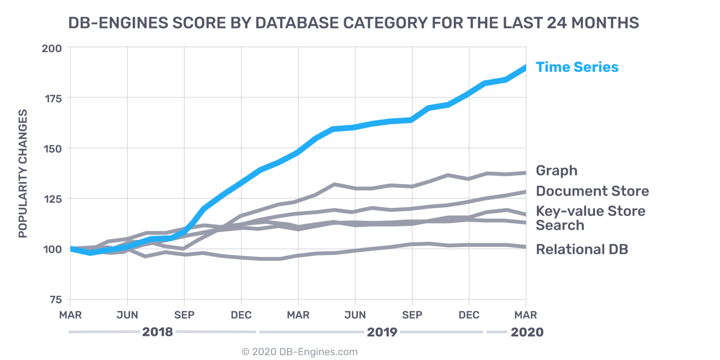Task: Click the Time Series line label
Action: pos(577,67)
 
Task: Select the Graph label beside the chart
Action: pos(557,171)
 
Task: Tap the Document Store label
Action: pos(592,191)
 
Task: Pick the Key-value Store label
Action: pos(591,211)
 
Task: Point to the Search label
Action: pos(560,225)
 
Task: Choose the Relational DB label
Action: pos(582,249)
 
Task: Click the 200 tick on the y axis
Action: pos(52,49)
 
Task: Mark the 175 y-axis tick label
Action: pos(53,99)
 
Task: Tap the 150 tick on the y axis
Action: pos(52,149)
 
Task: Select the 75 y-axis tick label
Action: pos(56,300)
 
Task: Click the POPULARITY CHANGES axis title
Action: pos(23,174)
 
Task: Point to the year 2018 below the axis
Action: pos(157,332)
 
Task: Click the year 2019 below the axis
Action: pos(382,332)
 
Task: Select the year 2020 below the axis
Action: pos(527,332)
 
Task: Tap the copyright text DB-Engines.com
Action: pos(299,352)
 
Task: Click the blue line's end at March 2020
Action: pos(525,67)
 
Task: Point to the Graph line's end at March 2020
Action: pos(525,173)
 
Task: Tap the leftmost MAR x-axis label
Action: pos(70,315)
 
